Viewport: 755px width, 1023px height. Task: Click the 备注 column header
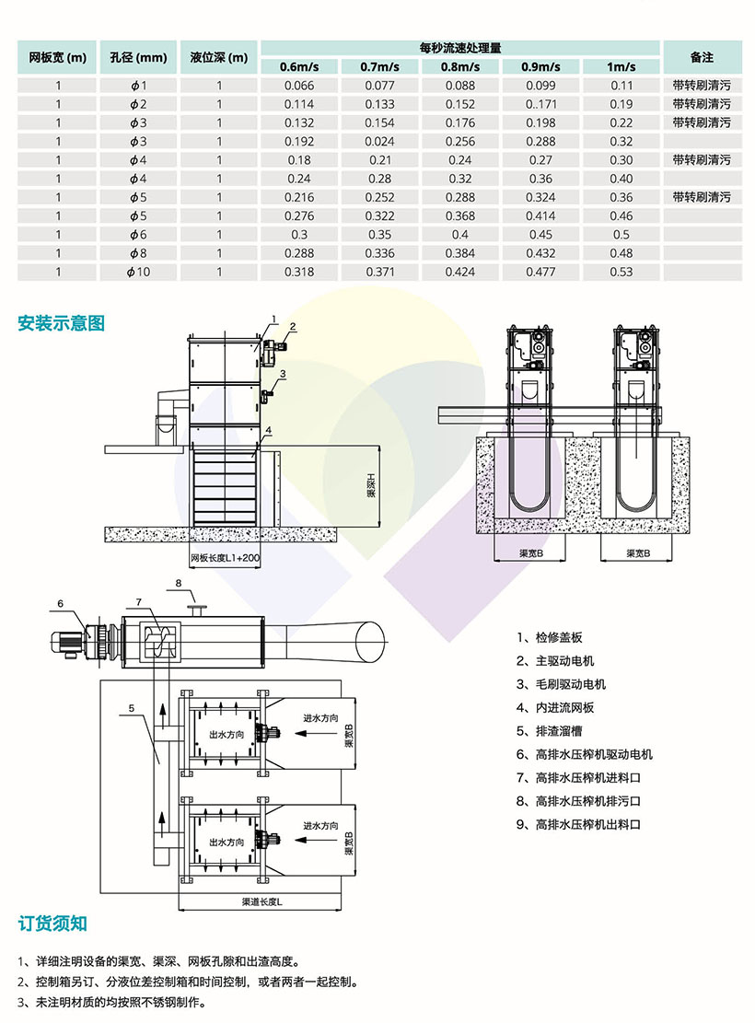702,57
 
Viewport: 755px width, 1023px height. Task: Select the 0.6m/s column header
300,67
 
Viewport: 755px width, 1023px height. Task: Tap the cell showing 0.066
300,86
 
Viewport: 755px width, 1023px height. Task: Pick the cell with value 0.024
380,142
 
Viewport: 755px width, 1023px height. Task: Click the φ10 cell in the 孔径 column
138,272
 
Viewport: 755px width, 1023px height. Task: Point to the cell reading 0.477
541,272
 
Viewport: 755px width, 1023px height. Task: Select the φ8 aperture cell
138,253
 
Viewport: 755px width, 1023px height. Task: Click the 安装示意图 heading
62,323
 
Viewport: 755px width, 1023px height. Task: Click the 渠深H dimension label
371,485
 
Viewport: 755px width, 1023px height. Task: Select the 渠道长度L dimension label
262,901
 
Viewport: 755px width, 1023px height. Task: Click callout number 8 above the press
180,584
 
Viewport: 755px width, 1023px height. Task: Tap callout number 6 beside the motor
60,603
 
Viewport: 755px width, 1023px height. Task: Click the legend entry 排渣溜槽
559,731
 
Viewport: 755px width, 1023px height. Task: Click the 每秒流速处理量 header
460,47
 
